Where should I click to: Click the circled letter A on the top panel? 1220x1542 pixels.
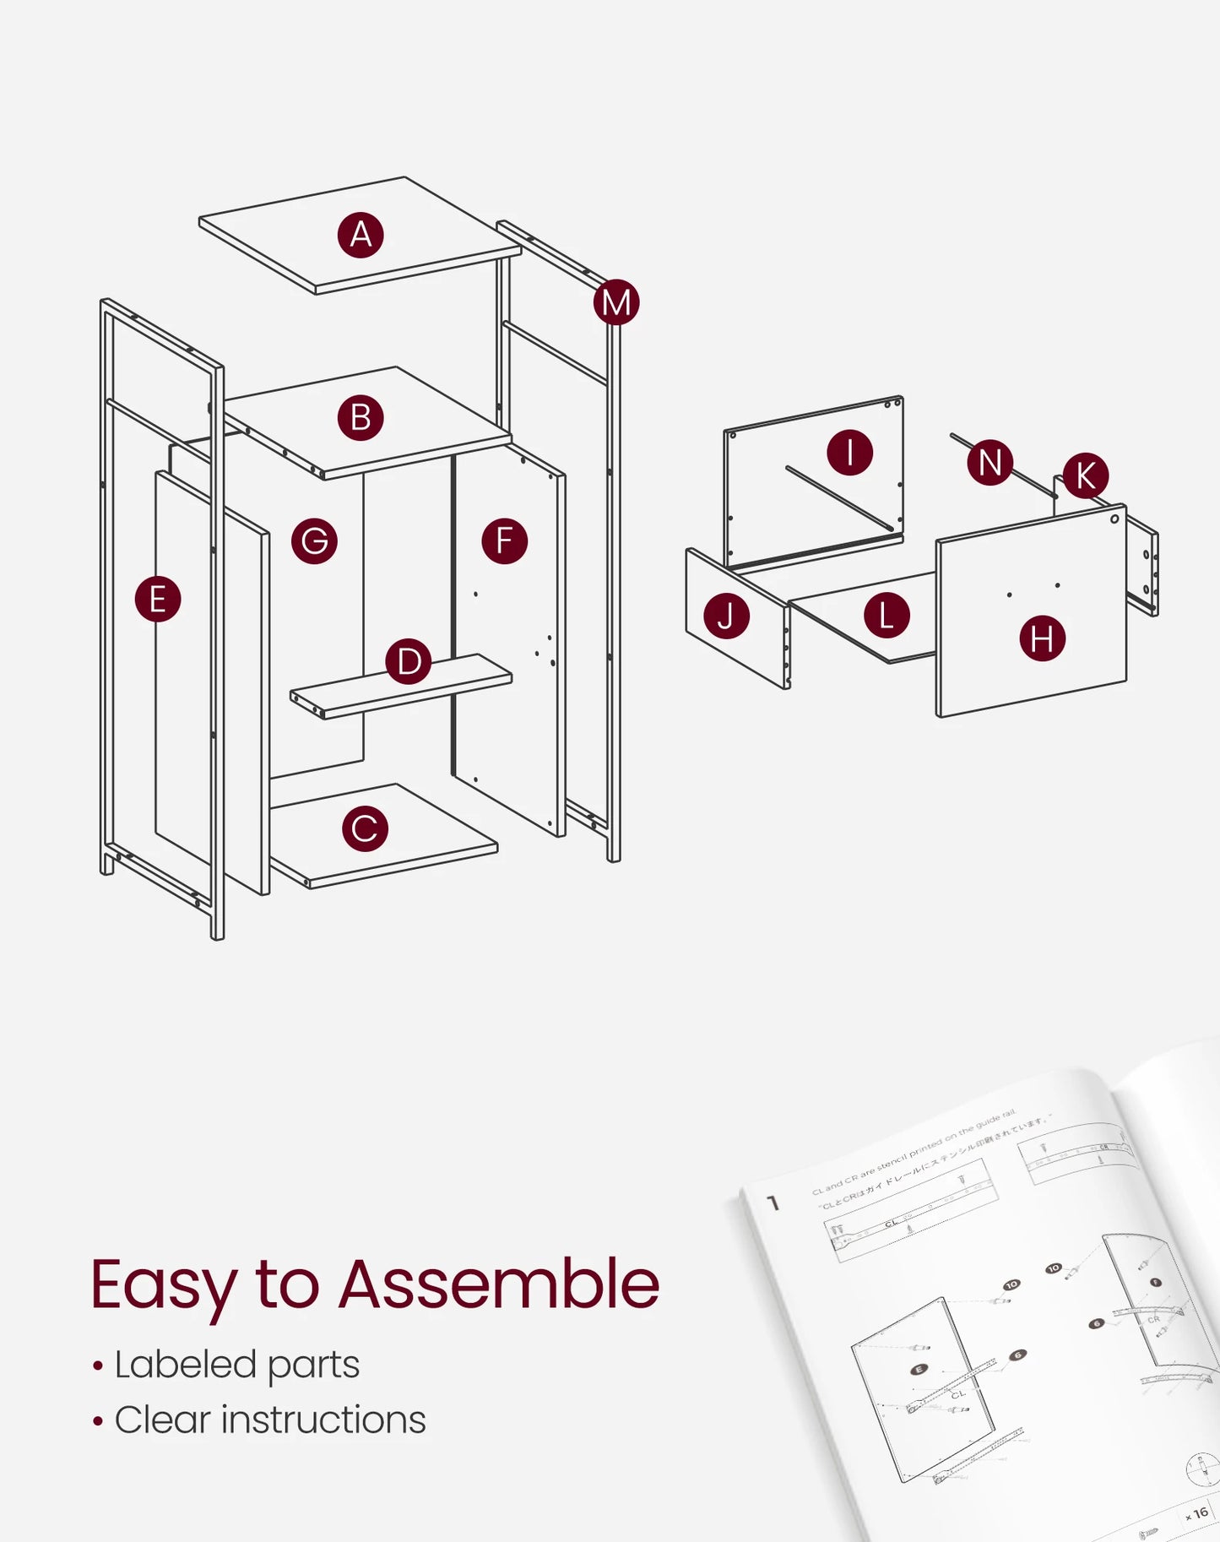click(361, 235)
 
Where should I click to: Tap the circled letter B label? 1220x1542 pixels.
click(361, 418)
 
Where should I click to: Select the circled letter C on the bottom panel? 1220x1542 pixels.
click(365, 828)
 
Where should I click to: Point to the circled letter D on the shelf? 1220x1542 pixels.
click(409, 661)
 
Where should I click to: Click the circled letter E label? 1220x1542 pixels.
click(158, 600)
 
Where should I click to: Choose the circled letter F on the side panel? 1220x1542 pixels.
click(505, 541)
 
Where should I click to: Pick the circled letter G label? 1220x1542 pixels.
click(314, 541)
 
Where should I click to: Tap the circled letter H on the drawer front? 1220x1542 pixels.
click(1042, 638)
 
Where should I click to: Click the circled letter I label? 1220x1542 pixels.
click(849, 453)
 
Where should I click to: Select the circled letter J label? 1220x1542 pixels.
click(726, 616)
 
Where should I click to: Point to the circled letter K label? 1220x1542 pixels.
click(1085, 475)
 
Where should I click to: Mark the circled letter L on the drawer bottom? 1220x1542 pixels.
click(887, 616)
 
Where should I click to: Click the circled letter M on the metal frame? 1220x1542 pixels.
click(616, 302)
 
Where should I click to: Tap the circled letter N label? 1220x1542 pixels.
click(990, 463)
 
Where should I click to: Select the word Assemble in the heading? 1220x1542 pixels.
click(498, 1284)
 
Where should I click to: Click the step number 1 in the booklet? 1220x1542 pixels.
click(773, 1203)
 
